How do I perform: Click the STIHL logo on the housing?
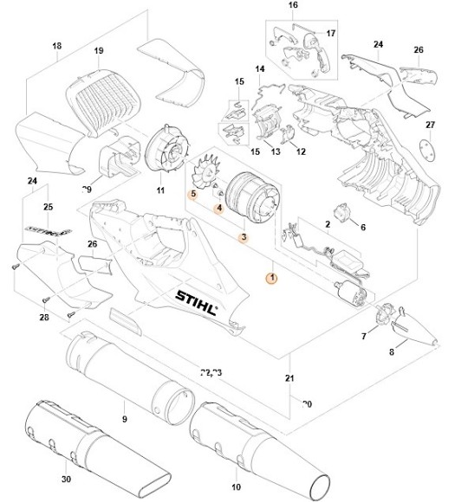pos(198,300)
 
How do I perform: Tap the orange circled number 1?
pos(271,278)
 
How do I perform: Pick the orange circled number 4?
pos(219,208)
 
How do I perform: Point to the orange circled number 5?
pos(193,195)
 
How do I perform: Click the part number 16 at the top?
pos(292,6)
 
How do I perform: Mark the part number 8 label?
pos(391,352)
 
